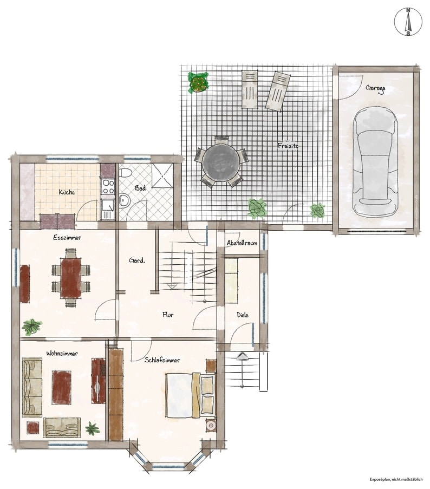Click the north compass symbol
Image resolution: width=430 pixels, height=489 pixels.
408,22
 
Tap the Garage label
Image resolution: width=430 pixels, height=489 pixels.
375,89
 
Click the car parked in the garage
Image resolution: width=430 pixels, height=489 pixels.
375,161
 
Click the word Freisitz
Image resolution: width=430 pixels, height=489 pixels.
288,145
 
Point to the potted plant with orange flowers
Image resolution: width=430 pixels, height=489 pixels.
198,82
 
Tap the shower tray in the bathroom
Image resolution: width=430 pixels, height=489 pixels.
162,175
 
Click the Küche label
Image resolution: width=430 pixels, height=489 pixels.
67,192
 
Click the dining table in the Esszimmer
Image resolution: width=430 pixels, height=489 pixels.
71,278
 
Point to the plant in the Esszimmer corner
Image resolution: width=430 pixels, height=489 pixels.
31,327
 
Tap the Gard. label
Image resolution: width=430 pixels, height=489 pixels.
137,260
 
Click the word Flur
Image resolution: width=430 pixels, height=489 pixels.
168,315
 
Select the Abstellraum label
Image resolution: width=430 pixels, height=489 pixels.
242,243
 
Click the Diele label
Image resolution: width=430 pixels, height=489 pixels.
243,315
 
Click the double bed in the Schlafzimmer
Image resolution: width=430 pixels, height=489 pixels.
191,395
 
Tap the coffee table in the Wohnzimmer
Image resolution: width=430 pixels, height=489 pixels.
62,387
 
